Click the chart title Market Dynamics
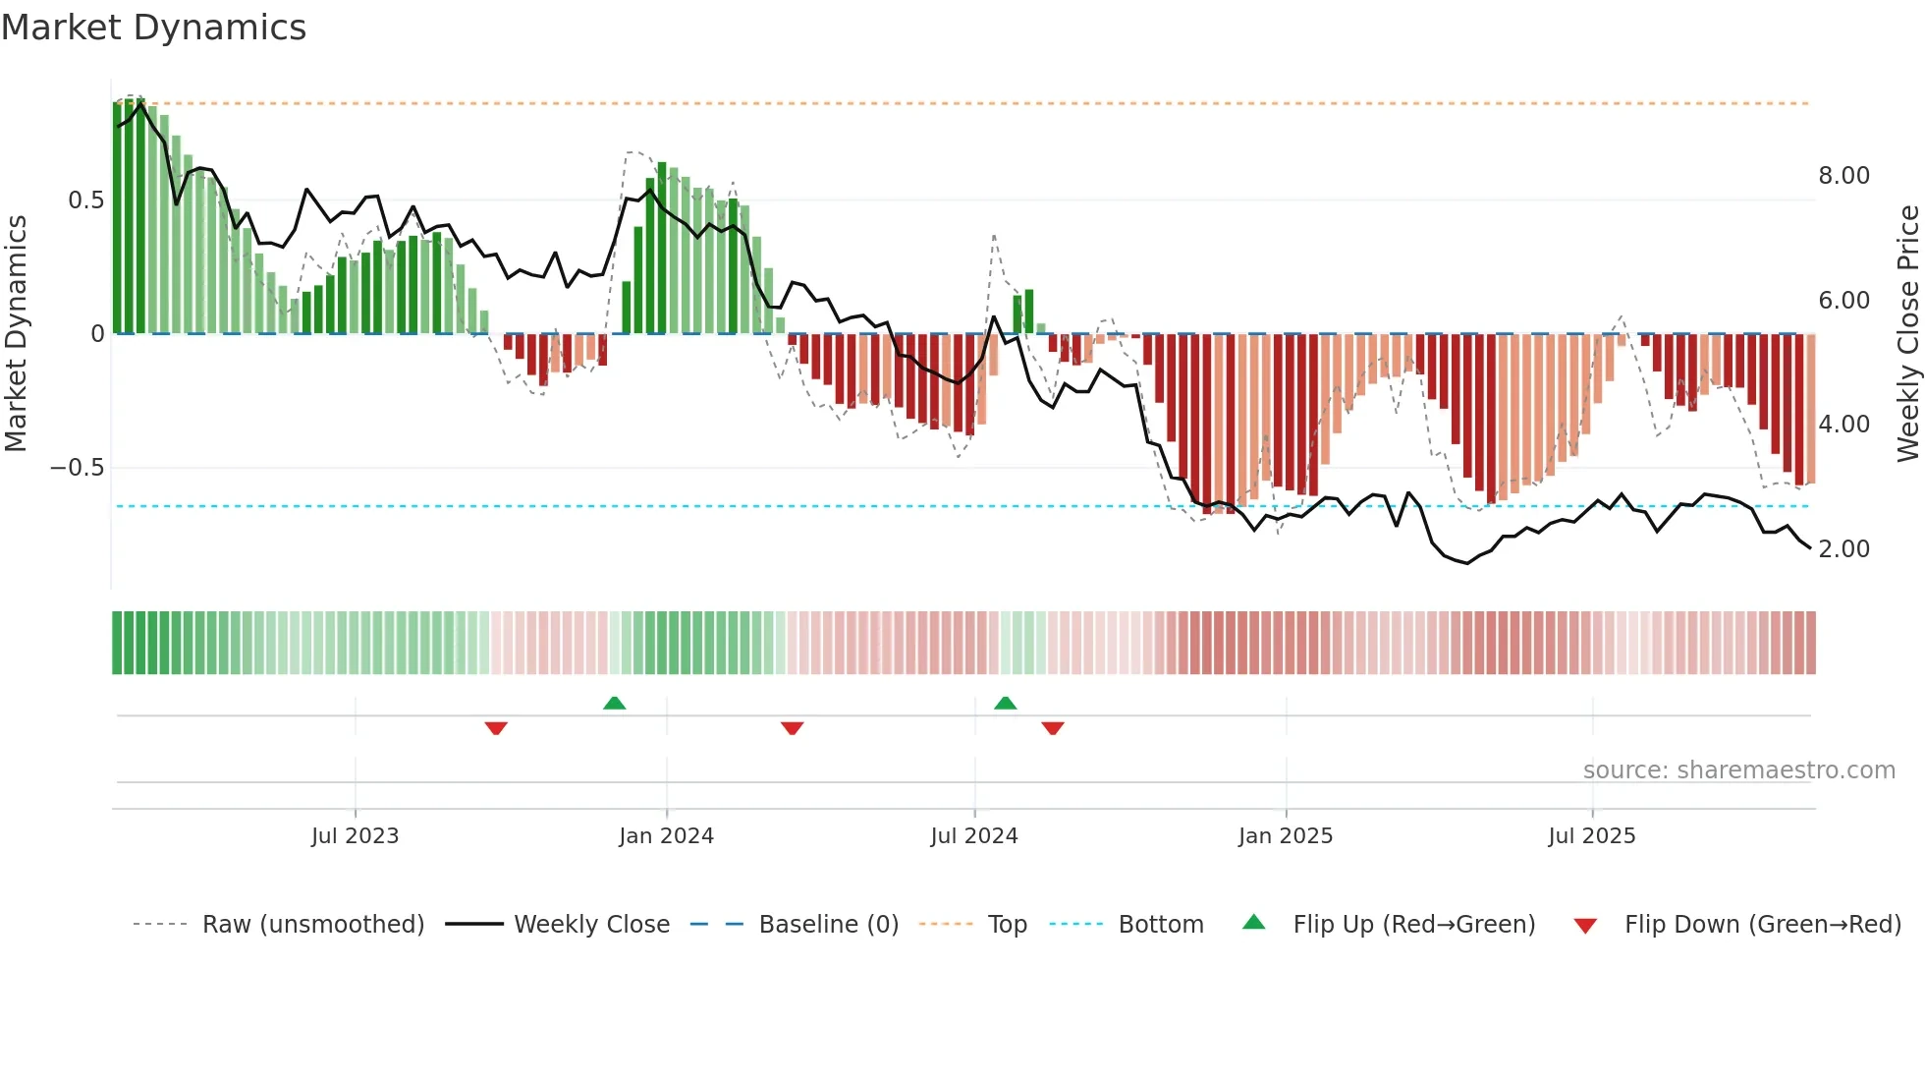pyautogui.click(x=154, y=28)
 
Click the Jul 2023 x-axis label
pyautogui.click(x=355, y=836)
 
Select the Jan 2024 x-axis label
pyautogui.click(x=666, y=836)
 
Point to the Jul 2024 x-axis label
pyautogui.click(x=973, y=836)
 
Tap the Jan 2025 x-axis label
pyautogui.click(x=1285, y=836)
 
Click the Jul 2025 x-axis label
pyautogui.click(x=1591, y=836)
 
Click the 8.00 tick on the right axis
pyautogui.click(x=1843, y=176)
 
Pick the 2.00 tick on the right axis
pyautogui.click(x=1843, y=549)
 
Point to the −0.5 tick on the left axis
pyautogui.click(x=77, y=468)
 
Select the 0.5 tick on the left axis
pyautogui.click(x=85, y=200)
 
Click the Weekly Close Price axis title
pyautogui.click(x=1907, y=333)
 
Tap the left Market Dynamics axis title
pyautogui.click(x=16, y=333)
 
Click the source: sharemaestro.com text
pyautogui.click(x=1738, y=770)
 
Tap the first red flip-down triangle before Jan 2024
pyautogui.click(x=496, y=728)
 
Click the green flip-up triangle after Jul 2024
pyautogui.click(x=1005, y=704)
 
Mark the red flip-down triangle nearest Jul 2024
pyautogui.click(x=1053, y=728)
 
